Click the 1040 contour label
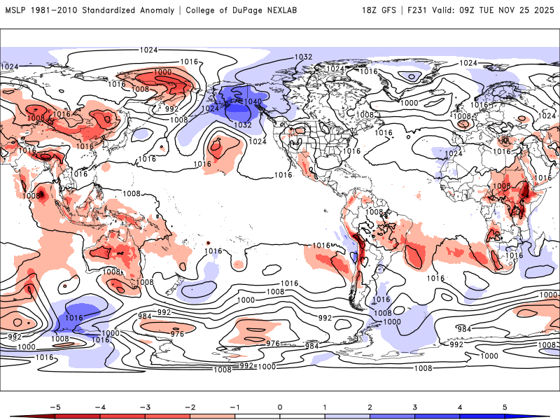pos(253,102)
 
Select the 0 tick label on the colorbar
pos(280,406)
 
